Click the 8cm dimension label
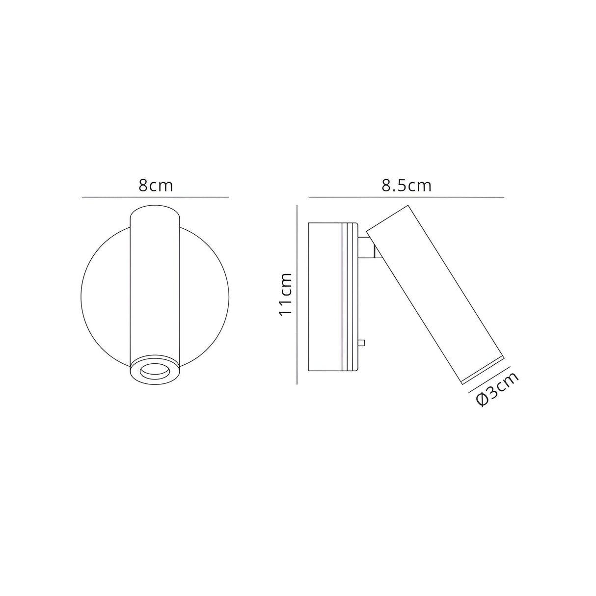[x=156, y=186]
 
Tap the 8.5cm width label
[x=406, y=186]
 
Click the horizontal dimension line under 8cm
[x=155, y=197]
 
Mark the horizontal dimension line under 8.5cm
[x=406, y=197]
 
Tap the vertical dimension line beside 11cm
[x=298, y=295]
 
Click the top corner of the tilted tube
[x=407, y=206]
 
